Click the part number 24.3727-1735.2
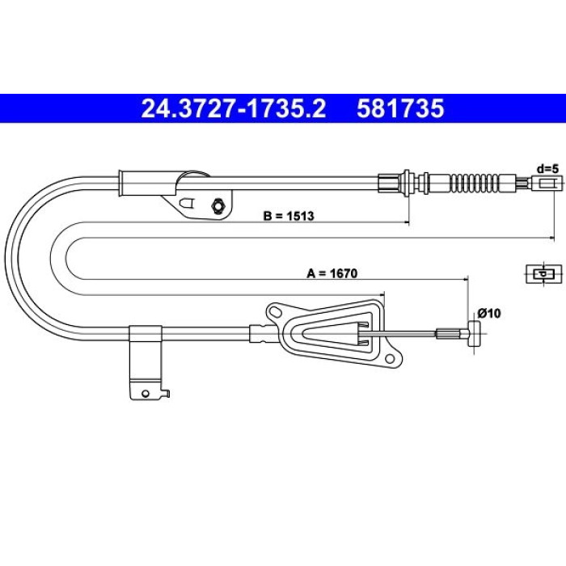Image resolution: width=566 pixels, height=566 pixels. [234, 108]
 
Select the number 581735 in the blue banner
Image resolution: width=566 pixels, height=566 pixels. [400, 108]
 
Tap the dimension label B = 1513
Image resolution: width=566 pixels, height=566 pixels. [289, 216]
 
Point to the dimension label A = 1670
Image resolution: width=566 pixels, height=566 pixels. [332, 273]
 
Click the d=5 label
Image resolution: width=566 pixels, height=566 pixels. [547, 168]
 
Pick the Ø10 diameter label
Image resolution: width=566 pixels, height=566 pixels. [489, 313]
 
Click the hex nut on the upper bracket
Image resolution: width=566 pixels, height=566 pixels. [218, 206]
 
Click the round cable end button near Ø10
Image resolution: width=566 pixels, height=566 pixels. [475, 334]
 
